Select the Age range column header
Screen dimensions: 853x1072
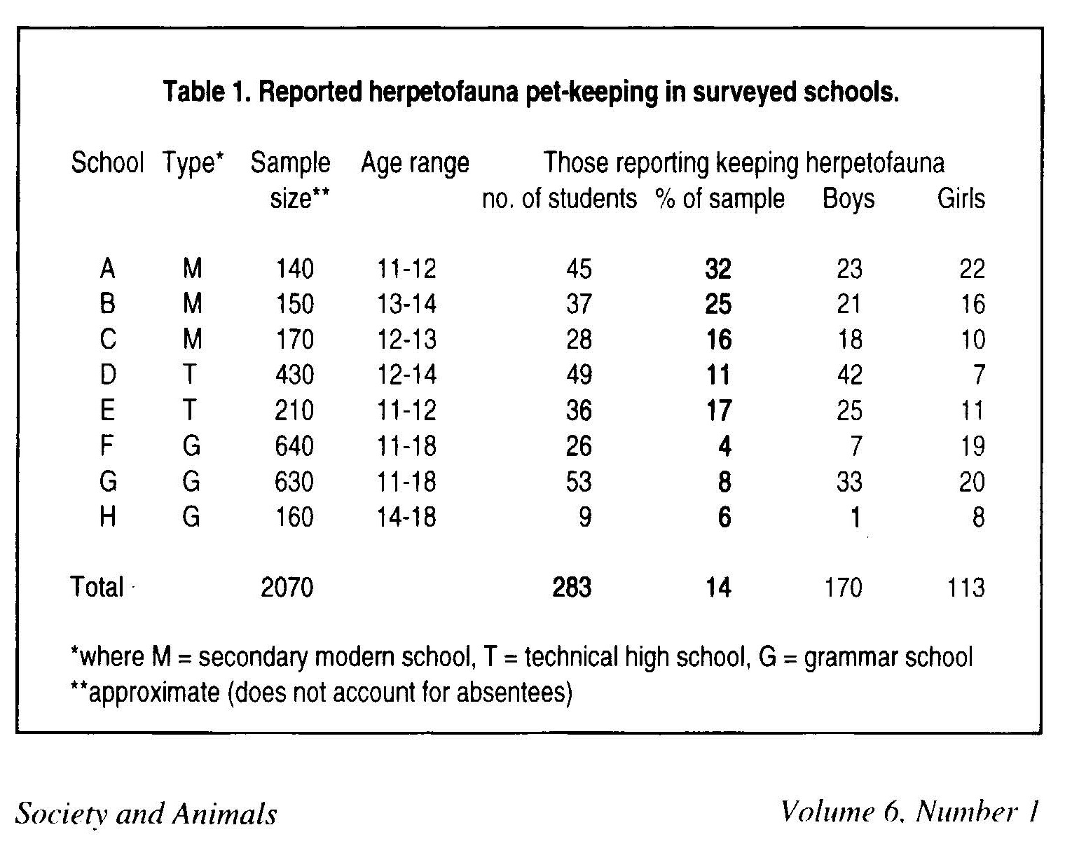[x=415, y=163]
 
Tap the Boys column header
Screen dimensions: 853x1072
[x=848, y=199]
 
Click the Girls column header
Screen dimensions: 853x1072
[x=961, y=199]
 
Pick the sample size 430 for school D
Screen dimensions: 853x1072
[x=294, y=375]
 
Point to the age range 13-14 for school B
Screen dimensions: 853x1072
[x=407, y=304]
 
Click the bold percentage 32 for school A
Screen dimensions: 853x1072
[x=718, y=269]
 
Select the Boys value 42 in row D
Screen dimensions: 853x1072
[x=849, y=375]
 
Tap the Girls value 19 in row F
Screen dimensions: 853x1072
[x=972, y=446]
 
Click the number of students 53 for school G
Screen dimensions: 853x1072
[x=579, y=482]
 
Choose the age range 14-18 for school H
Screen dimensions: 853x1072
[x=407, y=517]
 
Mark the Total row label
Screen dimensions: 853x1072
[x=97, y=587]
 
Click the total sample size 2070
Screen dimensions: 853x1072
[x=287, y=587]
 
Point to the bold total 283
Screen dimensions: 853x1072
[x=572, y=587]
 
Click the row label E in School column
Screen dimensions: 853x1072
[x=107, y=410]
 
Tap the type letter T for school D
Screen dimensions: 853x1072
[x=190, y=375]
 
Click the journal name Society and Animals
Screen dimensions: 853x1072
[x=146, y=814]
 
